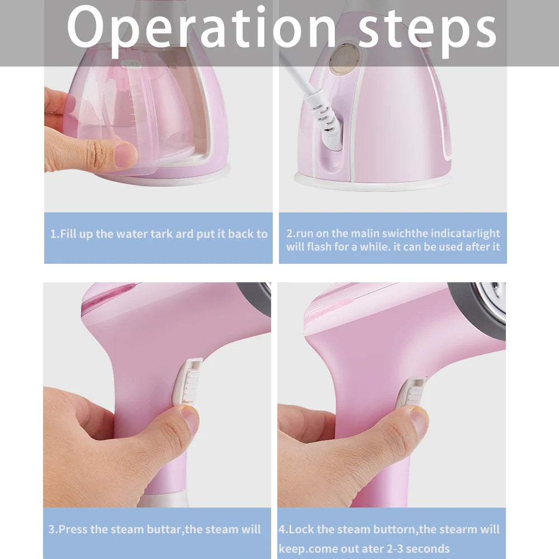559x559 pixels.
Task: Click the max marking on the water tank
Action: [135, 94]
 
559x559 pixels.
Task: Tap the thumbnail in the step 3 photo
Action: [191, 419]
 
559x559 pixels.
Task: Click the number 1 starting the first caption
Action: [53, 234]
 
